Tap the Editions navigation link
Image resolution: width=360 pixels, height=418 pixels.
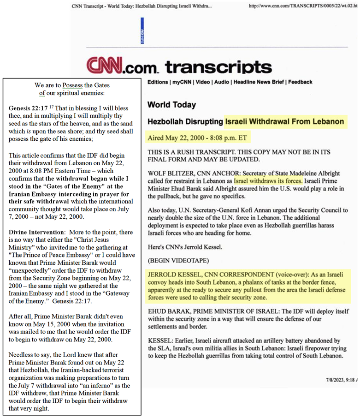pyautogui.click(x=158, y=82)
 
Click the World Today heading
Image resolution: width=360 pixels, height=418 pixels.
pyautogui.click(x=171, y=105)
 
